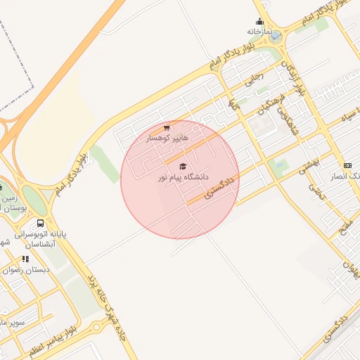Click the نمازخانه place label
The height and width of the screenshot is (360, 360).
coord(259,32)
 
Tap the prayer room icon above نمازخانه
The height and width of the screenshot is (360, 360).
coord(259,21)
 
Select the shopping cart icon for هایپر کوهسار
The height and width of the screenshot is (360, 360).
coord(167,128)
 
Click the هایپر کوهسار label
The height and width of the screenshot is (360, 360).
coord(167,139)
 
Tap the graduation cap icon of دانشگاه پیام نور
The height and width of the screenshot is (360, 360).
coord(183,167)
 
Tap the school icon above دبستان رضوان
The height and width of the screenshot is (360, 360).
coord(26,259)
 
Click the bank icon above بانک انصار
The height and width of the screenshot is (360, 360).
coord(347,165)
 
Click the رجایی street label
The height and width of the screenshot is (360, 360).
coord(252,78)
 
